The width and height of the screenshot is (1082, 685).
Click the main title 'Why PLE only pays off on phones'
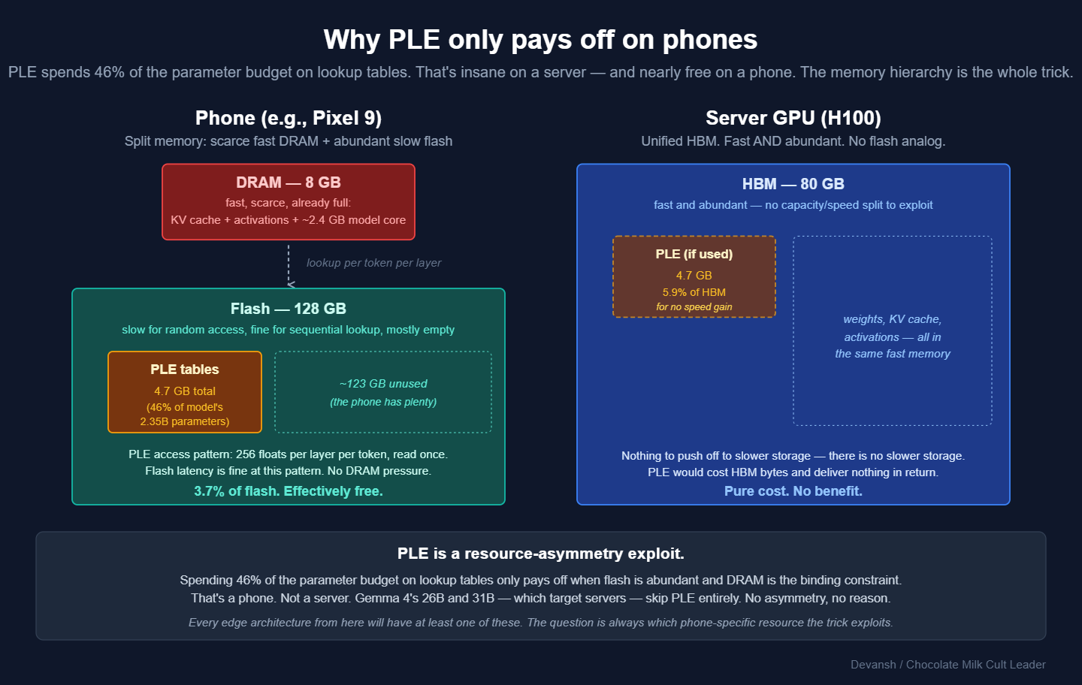coord(540,40)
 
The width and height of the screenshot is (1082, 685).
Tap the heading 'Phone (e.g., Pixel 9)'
coord(289,118)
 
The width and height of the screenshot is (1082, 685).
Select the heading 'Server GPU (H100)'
coord(793,118)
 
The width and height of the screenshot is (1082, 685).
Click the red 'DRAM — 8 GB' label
coord(289,183)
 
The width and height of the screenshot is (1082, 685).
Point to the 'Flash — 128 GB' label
coord(289,309)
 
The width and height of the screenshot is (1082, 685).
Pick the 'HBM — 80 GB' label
coord(793,184)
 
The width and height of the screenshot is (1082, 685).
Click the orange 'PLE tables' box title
coord(185,370)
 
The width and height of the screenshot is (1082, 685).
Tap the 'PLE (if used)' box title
coord(694,254)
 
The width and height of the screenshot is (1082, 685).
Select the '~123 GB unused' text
coord(383,384)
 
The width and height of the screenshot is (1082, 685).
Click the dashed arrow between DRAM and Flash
coord(289,264)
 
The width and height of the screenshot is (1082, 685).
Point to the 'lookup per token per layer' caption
coord(373,263)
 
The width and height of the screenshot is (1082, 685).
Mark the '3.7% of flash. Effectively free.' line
coord(289,491)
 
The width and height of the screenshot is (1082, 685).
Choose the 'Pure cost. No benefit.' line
coord(793,491)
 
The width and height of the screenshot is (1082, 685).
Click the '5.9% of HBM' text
coord(694,292)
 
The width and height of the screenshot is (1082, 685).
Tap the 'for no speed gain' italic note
coord(694,306)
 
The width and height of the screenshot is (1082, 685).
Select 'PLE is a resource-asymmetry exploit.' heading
coord(541,554)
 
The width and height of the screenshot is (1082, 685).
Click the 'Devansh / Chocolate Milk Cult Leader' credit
coord(948,665)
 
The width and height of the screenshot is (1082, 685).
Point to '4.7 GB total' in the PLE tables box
coord(185,391)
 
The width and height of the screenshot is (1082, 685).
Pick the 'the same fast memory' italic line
coord(893,354)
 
